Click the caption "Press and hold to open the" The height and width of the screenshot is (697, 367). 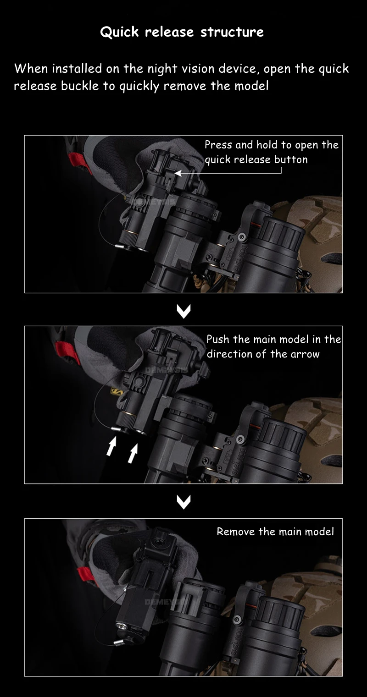pos(272,145)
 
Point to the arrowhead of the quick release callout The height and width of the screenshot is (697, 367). pos(178,173)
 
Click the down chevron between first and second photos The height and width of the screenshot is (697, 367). pos(183,311)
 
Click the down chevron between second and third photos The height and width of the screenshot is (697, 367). pos(183,502)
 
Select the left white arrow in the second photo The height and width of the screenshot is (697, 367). pos(111,446)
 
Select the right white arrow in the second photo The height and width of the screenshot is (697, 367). pos(133,453)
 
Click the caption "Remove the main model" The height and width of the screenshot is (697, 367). pos(275,532)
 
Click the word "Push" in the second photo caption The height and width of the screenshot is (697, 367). pos(218,339)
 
